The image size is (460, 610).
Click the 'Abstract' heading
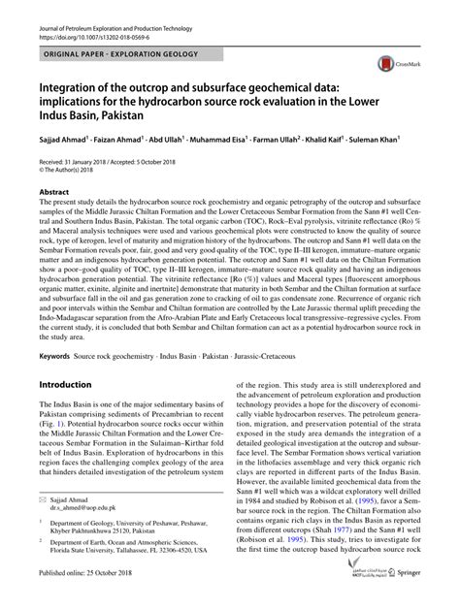53,192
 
